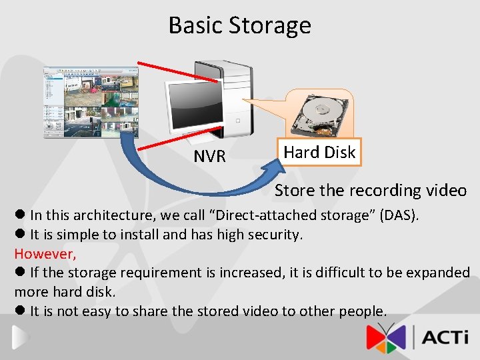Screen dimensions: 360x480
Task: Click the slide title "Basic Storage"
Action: coord(239,25)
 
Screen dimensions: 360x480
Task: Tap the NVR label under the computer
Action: coord(209,157)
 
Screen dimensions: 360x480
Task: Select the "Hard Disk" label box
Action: coord(319,152)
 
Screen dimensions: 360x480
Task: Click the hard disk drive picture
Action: coord(319,114)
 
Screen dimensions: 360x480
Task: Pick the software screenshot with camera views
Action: coord(91,101)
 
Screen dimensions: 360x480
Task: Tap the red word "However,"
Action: coord(45,253)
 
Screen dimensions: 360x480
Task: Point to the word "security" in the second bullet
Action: coord(274,235)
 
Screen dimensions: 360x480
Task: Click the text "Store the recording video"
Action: coord(371,191)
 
